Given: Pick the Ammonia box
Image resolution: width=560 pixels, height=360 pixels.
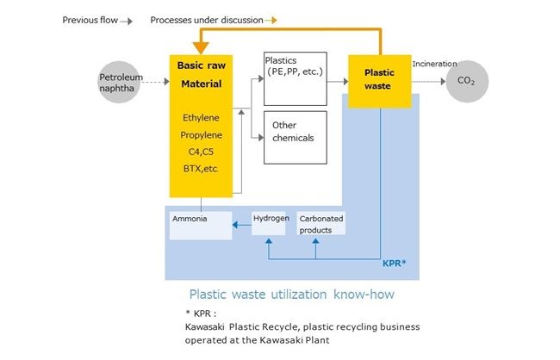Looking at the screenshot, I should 201,224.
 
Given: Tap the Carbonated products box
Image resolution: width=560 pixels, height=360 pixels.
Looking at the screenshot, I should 321,223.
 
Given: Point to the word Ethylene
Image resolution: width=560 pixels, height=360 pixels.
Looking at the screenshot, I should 202,118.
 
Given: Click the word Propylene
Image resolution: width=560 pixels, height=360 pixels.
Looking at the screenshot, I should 202,135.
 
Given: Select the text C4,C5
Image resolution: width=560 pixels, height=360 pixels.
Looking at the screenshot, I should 202,152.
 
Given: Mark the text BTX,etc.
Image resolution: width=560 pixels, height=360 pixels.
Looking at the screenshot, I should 202,170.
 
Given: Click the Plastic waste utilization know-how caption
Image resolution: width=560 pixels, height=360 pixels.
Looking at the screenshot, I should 292,295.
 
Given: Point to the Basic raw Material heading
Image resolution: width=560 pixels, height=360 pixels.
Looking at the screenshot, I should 202,74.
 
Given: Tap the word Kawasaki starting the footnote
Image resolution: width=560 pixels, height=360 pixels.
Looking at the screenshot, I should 209,326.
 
